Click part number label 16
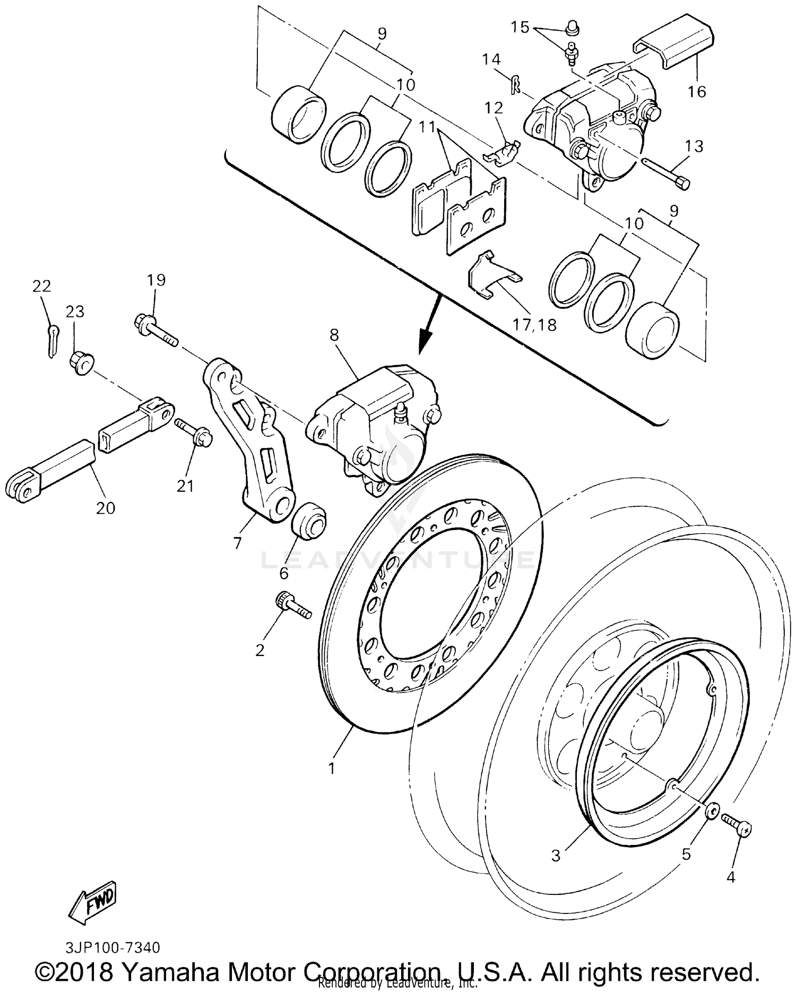pyautogui.click(x=697, y=92)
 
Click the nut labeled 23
pyautogui.click(x=80, y=364)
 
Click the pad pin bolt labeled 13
pyautogui.click(x=667, y=172)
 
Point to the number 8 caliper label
pyautogui.click(x=333, y=335)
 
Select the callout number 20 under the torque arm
pyautogui.click(x=106, y=508)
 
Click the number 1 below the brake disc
pyautogui.click(x=331, y=768)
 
